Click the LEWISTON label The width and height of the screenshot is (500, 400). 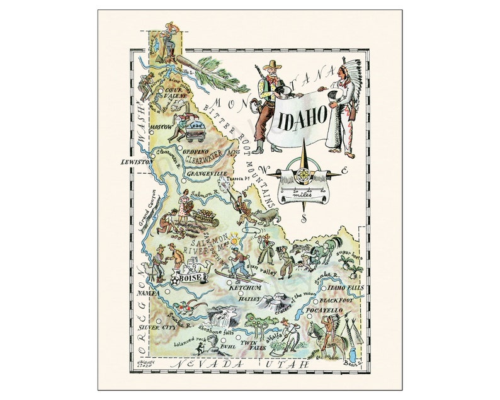138,162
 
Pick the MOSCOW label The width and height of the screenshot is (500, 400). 152,127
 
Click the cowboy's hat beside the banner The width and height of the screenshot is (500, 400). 273,65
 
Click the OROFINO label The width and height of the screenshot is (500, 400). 195,151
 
